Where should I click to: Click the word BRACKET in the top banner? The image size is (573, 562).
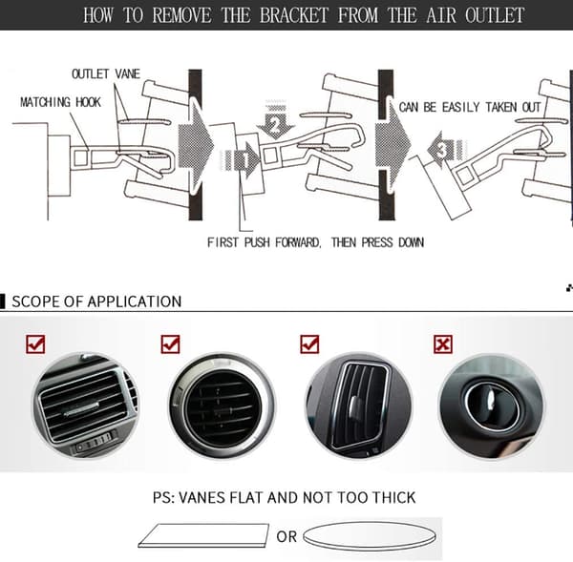coord(294,15)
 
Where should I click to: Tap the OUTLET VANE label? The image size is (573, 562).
coord(106,73)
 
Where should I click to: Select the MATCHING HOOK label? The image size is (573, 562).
coord(60,102)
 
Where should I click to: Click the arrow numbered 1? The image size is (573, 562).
coord(241,160)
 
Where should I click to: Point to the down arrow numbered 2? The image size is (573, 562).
coord(276,119)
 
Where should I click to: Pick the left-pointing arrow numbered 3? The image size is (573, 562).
coord(447,150)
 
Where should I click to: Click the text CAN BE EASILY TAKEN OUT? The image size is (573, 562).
coord(469,108)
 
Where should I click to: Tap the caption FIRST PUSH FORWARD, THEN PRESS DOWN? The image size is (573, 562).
coord(315,242)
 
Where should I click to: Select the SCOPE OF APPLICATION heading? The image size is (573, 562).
coord(96,302)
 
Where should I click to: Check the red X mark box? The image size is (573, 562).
coord(443,344)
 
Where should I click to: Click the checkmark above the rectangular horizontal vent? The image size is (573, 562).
coord(35,344)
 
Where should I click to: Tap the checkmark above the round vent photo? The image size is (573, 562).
coord(170,344)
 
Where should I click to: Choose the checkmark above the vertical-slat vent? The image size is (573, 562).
coord(309,344)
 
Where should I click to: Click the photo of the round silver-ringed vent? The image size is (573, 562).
coord(222,406)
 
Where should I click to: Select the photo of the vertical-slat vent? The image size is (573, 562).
coord(358,406)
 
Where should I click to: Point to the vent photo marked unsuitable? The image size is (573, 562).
coord(491,406)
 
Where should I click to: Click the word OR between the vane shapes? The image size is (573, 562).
coord(286,537)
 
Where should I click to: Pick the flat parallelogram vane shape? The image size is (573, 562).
coord(203,535)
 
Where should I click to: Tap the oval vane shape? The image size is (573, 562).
coord(370,536)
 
